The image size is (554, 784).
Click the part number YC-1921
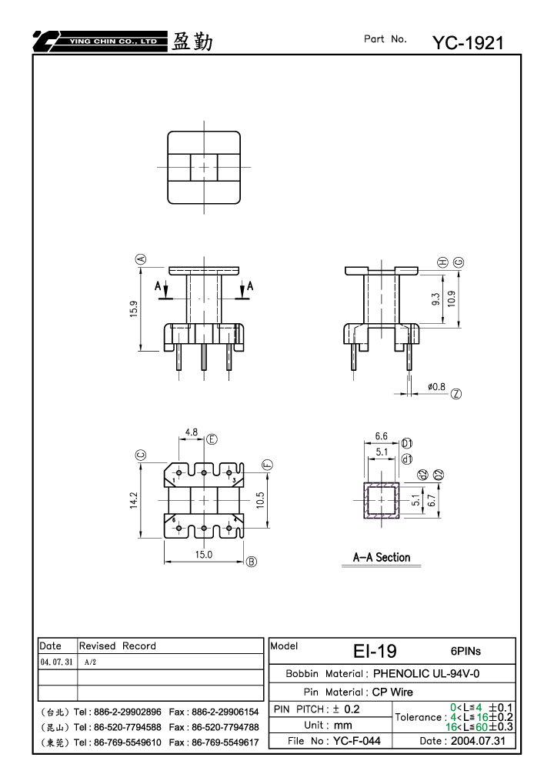point(468,43)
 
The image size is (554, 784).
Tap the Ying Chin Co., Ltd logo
point(100,41)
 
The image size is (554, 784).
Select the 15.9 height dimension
point(134,309)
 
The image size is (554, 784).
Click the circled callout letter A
point(141,259)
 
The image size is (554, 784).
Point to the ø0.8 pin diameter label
point(436,386)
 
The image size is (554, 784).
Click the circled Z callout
point(456,394)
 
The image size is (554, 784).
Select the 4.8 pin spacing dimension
point(192,432)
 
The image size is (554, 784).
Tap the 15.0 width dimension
point(203,555)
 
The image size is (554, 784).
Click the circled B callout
point(252,562)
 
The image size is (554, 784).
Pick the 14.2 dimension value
point(134,501)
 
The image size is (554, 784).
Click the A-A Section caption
point(382,558)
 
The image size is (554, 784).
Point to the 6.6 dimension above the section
point(382,436)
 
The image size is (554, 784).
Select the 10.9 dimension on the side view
point(452,299)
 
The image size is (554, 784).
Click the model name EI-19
point(375,651)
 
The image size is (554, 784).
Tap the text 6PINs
point(466,651)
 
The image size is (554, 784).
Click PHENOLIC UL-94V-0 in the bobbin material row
point(426,673)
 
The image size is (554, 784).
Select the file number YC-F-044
point(357,741)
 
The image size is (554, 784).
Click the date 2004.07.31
point(478,741)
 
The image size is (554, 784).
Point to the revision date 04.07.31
point(56,662)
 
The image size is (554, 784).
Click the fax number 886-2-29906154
point(225,712)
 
